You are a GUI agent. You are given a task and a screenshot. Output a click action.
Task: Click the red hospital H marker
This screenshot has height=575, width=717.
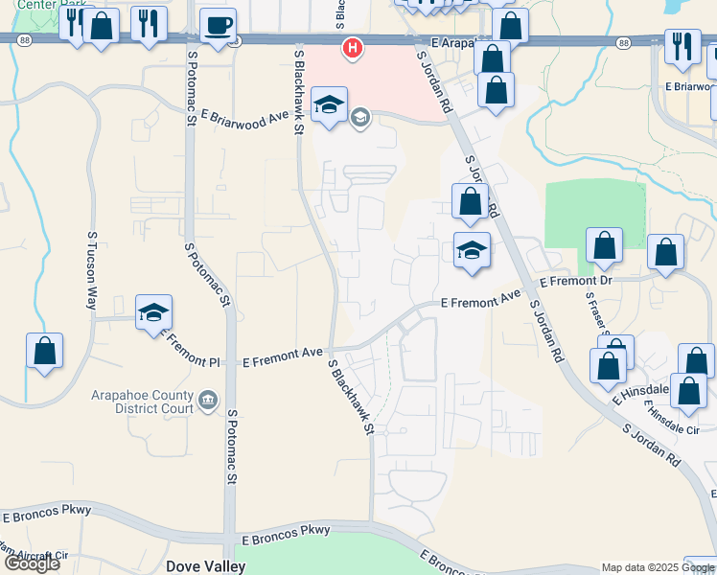point(353,47)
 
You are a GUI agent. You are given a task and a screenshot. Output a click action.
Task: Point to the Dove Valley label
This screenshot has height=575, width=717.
point(205,566)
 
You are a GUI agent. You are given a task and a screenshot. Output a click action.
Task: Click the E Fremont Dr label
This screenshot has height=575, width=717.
point(575,282)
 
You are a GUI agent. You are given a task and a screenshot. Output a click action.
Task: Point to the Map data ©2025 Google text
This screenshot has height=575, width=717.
point(658,567)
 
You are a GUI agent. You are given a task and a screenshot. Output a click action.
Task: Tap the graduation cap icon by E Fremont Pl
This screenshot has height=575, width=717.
point(153,312)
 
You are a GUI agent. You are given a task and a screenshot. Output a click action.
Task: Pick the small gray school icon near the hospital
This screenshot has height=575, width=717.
point(360,119)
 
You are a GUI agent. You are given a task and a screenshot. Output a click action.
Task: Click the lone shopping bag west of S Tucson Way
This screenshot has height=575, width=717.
point(44,352)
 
